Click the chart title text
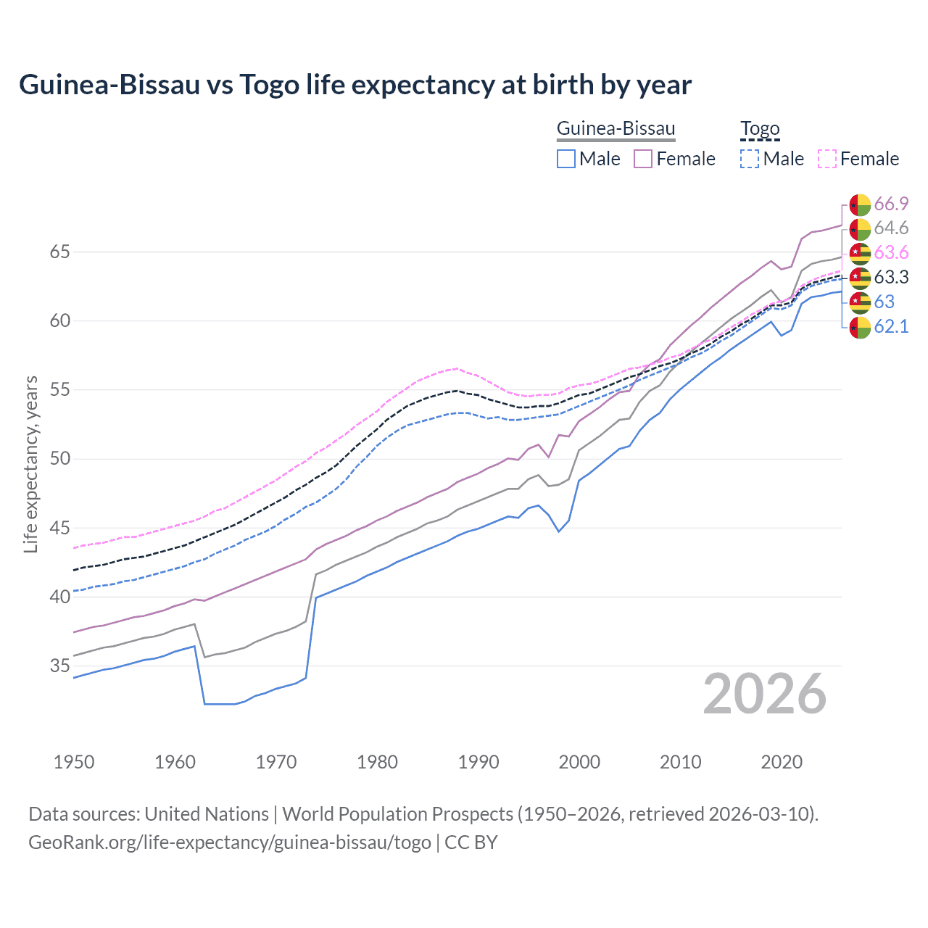pyautogui.click(x=355, y=85)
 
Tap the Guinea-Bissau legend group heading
pyautogui.click(x=616, y=129)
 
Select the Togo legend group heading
pyautogui.click(x=759, y=129)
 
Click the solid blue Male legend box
pyautogui.click(x=566, y=159)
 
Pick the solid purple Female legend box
pyautogui.click(x=643, y=159)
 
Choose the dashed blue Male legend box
pyautogui.click(x=750, y=159)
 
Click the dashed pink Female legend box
pyautogui.click(x=826, y=159)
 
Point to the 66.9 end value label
pyautogui.click(x=891, y=204)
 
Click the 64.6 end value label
pyautogui.click(x=891, y=228)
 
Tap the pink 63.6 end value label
pyautogui.click(x=891, y=253)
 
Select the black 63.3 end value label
pyautogui.click(x=891, y=278)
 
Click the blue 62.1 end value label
pyautogui.click(x=891, y=327)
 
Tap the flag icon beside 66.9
pyautogui.click(x=860, y=205)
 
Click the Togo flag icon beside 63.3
pyautogui.click(x=860, y=278)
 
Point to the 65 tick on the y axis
pyautogui.click(x=59, y=252)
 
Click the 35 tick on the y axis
pyautogui.click(x=59, y=666)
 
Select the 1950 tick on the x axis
pyautogui.click(x=74, y=762)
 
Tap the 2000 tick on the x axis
pyautogui.click(x=579, y=762)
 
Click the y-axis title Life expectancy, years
pyautogui.click(x=30, y=464)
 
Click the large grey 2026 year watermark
pyautogui.click(x=764, y=695)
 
